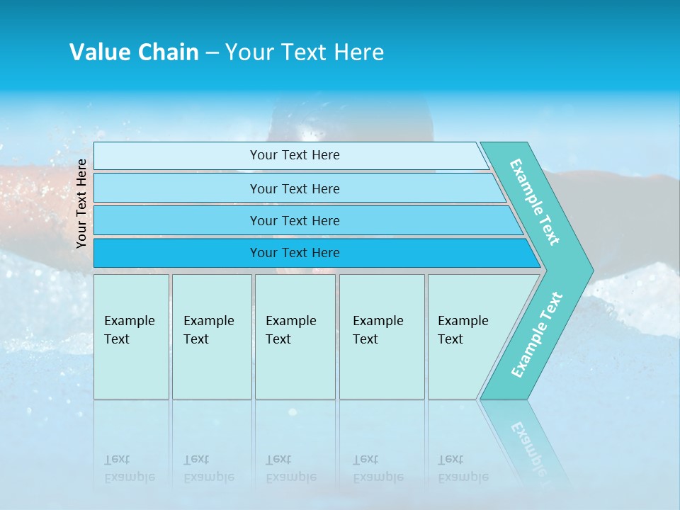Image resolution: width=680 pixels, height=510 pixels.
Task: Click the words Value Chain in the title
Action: tap(134, 52)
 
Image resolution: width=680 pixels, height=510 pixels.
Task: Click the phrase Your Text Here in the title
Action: tap(305, 52)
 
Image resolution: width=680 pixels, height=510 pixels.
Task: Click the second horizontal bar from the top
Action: tap(295, 188)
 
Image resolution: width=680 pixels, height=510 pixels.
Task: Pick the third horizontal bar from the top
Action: tap(295, 220)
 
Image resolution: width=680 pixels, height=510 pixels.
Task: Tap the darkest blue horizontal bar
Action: tap(295, 253)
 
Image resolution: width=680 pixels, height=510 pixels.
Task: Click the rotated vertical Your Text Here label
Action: tap(81, 203)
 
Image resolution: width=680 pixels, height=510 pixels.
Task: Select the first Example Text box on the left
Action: tap(131, 336)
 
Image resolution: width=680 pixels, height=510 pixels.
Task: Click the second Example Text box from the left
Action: tap(211, 336)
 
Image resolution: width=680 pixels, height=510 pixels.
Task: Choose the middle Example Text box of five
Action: tap(295, 336)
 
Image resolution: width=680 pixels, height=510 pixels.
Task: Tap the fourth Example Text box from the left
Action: tap(381, 336)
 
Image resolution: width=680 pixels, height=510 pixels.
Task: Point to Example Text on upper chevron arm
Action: tap(535, 202)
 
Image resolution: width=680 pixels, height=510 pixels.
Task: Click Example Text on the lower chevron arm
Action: tap(537, 334)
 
